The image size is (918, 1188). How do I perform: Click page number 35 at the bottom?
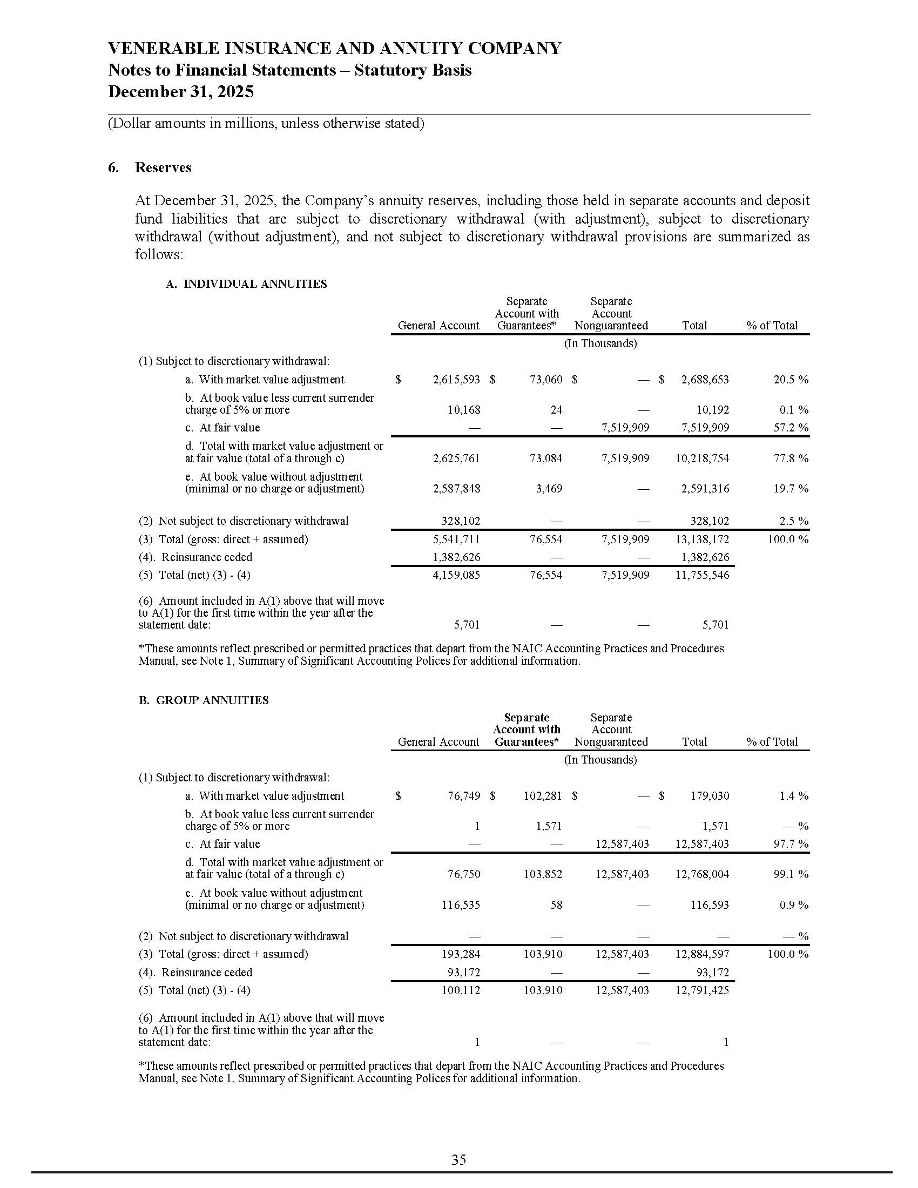tap(458, 1160)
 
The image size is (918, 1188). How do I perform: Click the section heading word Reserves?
tap(163, 167)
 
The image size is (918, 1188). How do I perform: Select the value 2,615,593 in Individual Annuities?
tap(456, 380)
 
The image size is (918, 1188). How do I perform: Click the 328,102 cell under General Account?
tap(461, 521)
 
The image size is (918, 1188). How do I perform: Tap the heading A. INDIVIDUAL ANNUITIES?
tap(246, 284)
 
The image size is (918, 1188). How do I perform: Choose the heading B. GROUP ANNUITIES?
tap(204, 700)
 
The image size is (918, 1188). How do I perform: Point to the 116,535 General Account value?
tap(461, 905)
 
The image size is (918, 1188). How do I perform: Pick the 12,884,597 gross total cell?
tap(702, 954)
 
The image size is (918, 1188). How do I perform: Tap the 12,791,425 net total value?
tap(702, 990)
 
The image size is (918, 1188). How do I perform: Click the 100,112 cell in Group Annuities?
tap(461, 990)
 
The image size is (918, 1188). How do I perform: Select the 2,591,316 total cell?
tap(705, 489)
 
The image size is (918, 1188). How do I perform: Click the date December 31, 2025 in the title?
tap(181, 91)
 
